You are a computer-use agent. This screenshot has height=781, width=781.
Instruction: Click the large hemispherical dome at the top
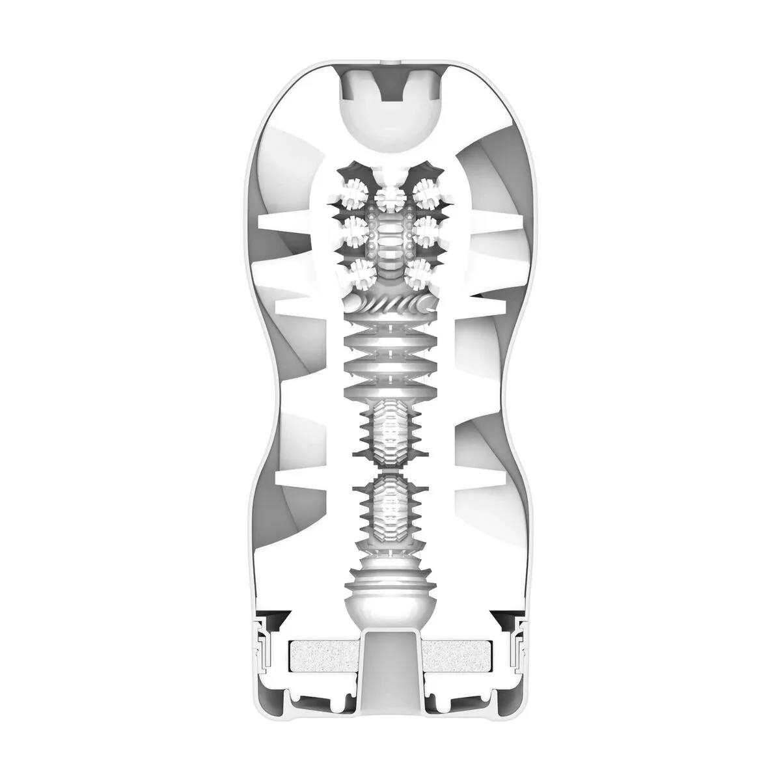point(390,124)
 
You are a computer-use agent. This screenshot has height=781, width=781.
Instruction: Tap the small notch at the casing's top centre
point(390,66)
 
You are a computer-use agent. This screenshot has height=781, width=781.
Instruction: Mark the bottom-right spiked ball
point(420,273)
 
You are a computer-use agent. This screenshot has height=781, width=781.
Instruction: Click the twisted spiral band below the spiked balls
point(390,303)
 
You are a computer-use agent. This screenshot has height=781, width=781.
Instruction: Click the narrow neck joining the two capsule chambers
point(390,463)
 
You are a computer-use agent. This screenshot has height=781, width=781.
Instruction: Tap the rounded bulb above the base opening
point(390,589)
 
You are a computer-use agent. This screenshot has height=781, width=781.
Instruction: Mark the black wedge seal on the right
point(502,617)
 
